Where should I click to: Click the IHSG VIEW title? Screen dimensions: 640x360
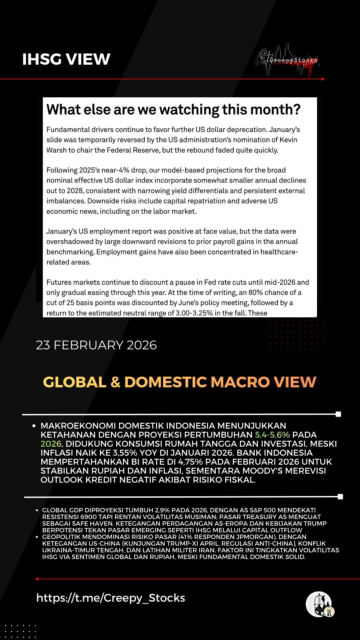[66, 59]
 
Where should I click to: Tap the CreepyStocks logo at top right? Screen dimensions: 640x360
[289, 60]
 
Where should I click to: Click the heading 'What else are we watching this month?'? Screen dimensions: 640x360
[173, 110]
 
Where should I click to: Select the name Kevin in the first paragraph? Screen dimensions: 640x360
[288, 140]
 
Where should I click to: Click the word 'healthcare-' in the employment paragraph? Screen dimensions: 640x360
[279, 252]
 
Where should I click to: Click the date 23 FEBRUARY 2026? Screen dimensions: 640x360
[96, 345]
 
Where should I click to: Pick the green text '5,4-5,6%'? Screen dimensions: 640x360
[272, 435]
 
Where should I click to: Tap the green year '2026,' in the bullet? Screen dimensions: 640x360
[52, 444]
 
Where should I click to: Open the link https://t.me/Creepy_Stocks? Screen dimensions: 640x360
[110, 598]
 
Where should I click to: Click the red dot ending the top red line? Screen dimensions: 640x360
[323, 79]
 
